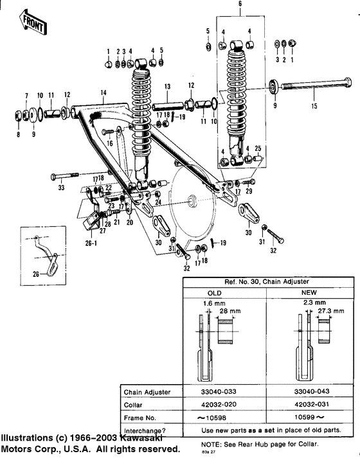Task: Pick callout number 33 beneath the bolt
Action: coord(62,188)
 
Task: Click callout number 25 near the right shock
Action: coord(257,148)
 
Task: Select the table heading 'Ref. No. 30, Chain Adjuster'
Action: coord(267,282)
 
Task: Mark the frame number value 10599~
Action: coord(310,418)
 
